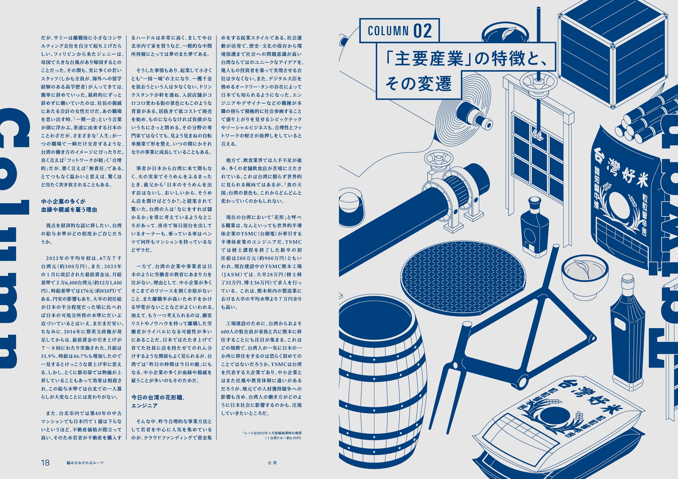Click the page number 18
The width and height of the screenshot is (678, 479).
click(x=45, y=462)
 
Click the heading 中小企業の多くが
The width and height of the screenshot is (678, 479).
click(x=63, y=201)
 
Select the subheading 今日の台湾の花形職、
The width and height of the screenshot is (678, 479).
click(x=158, y=397)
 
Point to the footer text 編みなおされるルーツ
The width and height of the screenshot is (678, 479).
click(x=85, y=463)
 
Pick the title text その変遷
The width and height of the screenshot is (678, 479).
click(x=419, y=84)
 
